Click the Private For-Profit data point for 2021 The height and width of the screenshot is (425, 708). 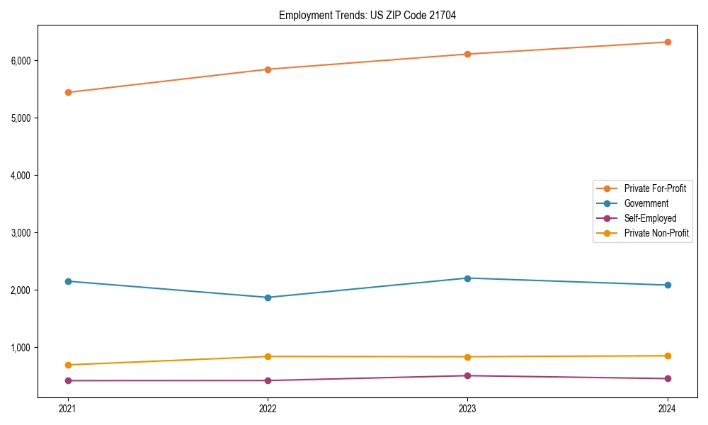click(68, 92)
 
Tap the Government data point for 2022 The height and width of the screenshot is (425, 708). click(268, 297)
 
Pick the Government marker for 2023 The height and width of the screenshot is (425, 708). click(467, 278)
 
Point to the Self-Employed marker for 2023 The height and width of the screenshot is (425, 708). click(467, 375)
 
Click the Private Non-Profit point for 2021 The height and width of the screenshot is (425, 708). click(68, 365)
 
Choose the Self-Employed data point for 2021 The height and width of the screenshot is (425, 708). click(68, 380)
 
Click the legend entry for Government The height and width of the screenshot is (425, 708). click(646, 203)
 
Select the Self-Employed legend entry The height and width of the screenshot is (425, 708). click(650, 218)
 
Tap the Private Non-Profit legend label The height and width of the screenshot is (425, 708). click(656, 233)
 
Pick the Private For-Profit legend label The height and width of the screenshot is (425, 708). click(655, 188)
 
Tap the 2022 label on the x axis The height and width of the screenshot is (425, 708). click(268, 408)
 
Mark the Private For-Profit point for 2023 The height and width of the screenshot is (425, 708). click(467, 54)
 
